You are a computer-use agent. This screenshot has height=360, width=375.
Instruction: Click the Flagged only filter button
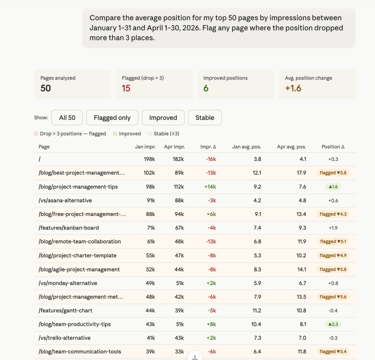[x=112, y=118]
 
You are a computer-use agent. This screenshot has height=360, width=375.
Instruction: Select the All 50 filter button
[x=67, y=118]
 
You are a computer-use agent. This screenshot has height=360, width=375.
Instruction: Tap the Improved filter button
[x=163, y=118]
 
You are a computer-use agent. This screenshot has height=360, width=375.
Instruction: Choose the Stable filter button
[x=205, y=118]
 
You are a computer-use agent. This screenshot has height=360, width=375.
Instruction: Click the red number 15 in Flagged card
[x=126, y=88]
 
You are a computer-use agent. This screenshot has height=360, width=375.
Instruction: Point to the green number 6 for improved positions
[x=206, y=88]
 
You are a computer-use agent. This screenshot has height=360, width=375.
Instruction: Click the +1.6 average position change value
[x=293, y=88]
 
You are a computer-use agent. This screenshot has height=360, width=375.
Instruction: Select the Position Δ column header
[x=333, y=146]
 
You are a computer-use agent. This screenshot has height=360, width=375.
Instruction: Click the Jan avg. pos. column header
[x=247, y=146]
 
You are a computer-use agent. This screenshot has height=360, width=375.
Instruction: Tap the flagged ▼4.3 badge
[x=333, y=214]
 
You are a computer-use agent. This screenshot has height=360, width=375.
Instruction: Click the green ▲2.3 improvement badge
[x=333, y=324]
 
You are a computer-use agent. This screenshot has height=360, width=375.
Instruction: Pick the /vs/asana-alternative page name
[x=65, y=200]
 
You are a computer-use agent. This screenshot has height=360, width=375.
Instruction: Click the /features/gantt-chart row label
[x=66, y=311]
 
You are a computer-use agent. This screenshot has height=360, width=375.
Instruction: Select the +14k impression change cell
[x=210, y=186]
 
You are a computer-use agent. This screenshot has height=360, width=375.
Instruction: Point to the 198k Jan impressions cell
[x=149, y=159]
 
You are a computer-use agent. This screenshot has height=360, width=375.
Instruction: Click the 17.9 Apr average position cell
[x=301, y=173]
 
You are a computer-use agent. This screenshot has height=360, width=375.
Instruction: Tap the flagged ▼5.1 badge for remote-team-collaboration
[x=333, y=242]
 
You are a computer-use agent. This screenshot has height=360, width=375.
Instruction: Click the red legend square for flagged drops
[x=36, y=134]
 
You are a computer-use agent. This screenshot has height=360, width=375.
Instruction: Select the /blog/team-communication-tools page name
[x=80, y=352]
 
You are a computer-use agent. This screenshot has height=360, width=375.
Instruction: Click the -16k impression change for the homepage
[x=211, y=159]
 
